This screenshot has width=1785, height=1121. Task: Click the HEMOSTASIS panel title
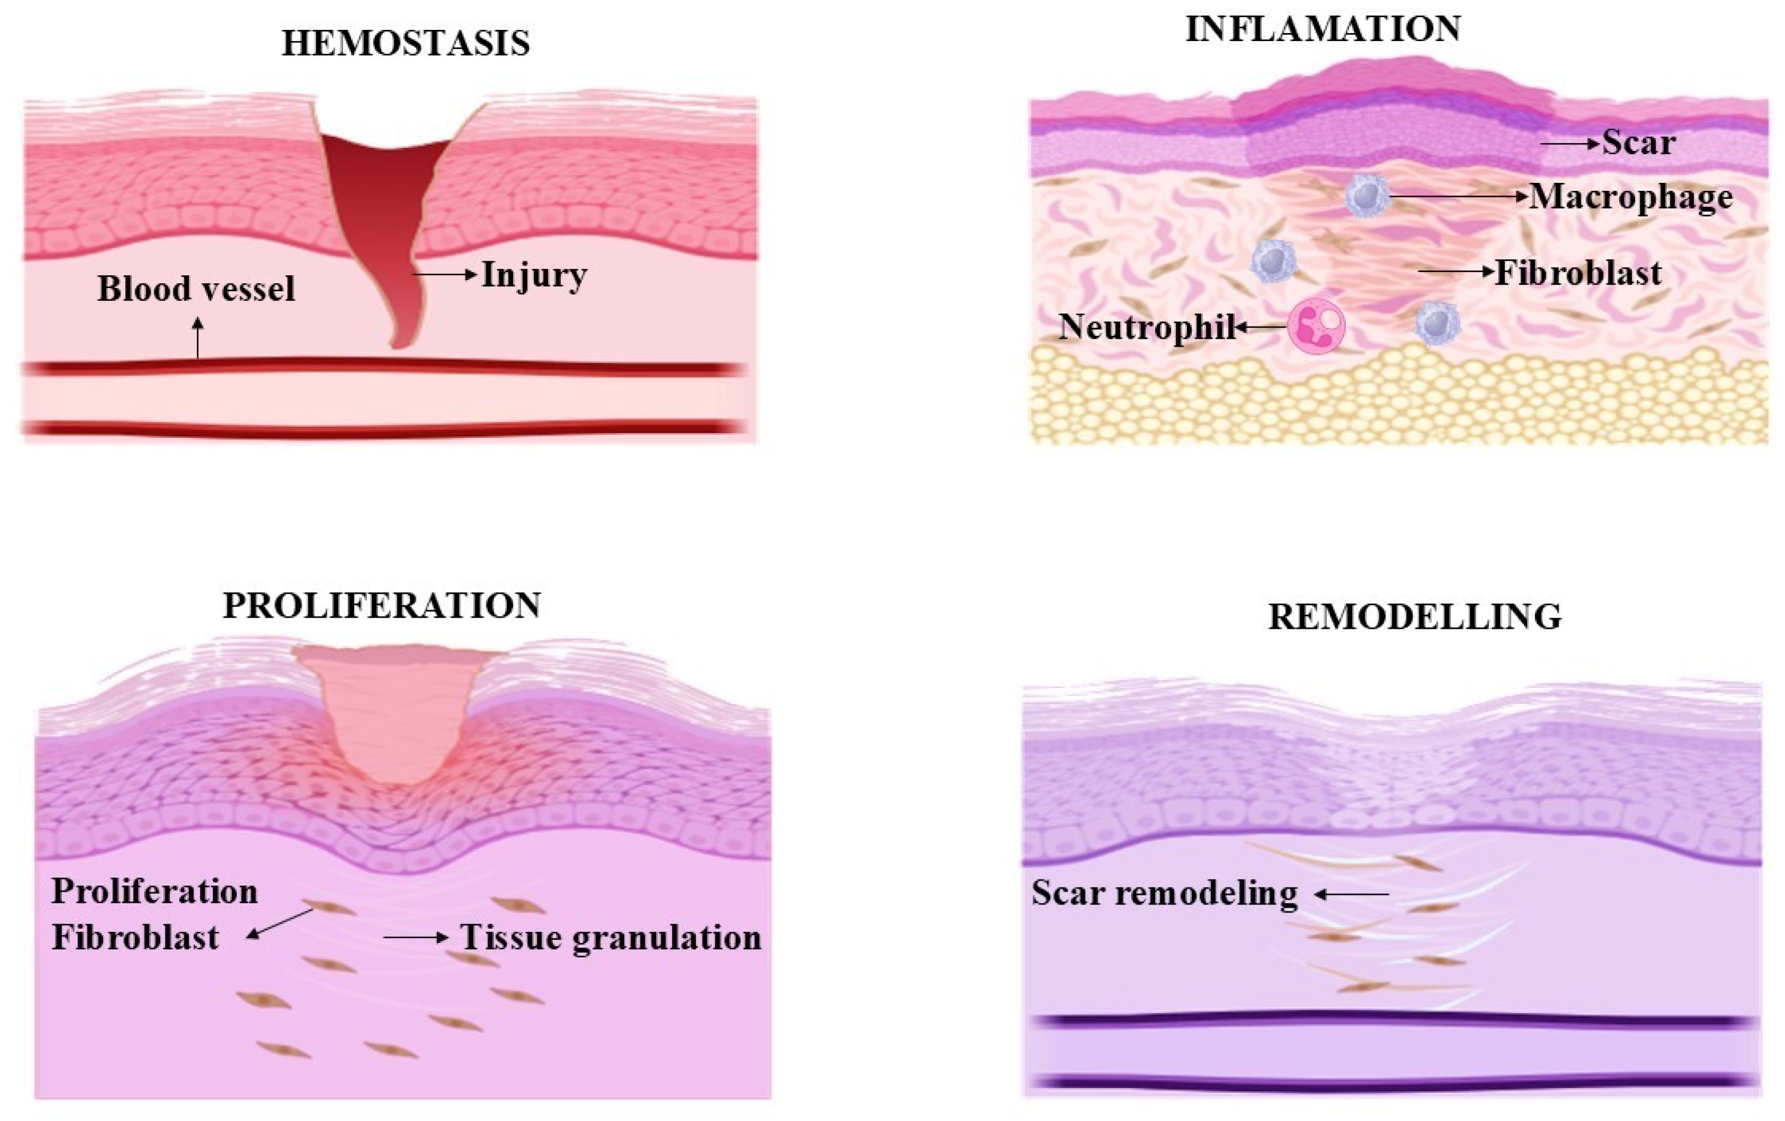(405, 43)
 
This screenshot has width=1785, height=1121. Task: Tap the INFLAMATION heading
(1323, 29)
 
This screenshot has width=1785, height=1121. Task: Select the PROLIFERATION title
(382, 605)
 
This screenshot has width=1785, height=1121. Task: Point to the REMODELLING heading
(1414, 617)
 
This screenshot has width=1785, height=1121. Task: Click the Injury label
(534, 275)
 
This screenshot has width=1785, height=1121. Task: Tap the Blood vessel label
(196, 289)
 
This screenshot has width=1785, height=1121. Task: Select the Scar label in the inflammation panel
(1638, 142)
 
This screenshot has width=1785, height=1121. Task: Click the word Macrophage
(1632, 197)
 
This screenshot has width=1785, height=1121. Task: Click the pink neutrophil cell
(1317, 326)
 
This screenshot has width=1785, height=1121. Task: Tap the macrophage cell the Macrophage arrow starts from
(1367, 196)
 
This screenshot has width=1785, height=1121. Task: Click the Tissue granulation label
(611, 938)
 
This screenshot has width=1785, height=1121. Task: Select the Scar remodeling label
(1164, 893)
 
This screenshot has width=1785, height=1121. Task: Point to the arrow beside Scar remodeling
(1351, 895)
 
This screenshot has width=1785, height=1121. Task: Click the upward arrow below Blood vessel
(197, 338)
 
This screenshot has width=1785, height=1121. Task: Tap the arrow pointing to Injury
(445, 275)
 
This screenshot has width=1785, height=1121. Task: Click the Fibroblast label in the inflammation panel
(1578, 273)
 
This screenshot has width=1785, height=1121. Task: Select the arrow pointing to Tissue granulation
(416, 938)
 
